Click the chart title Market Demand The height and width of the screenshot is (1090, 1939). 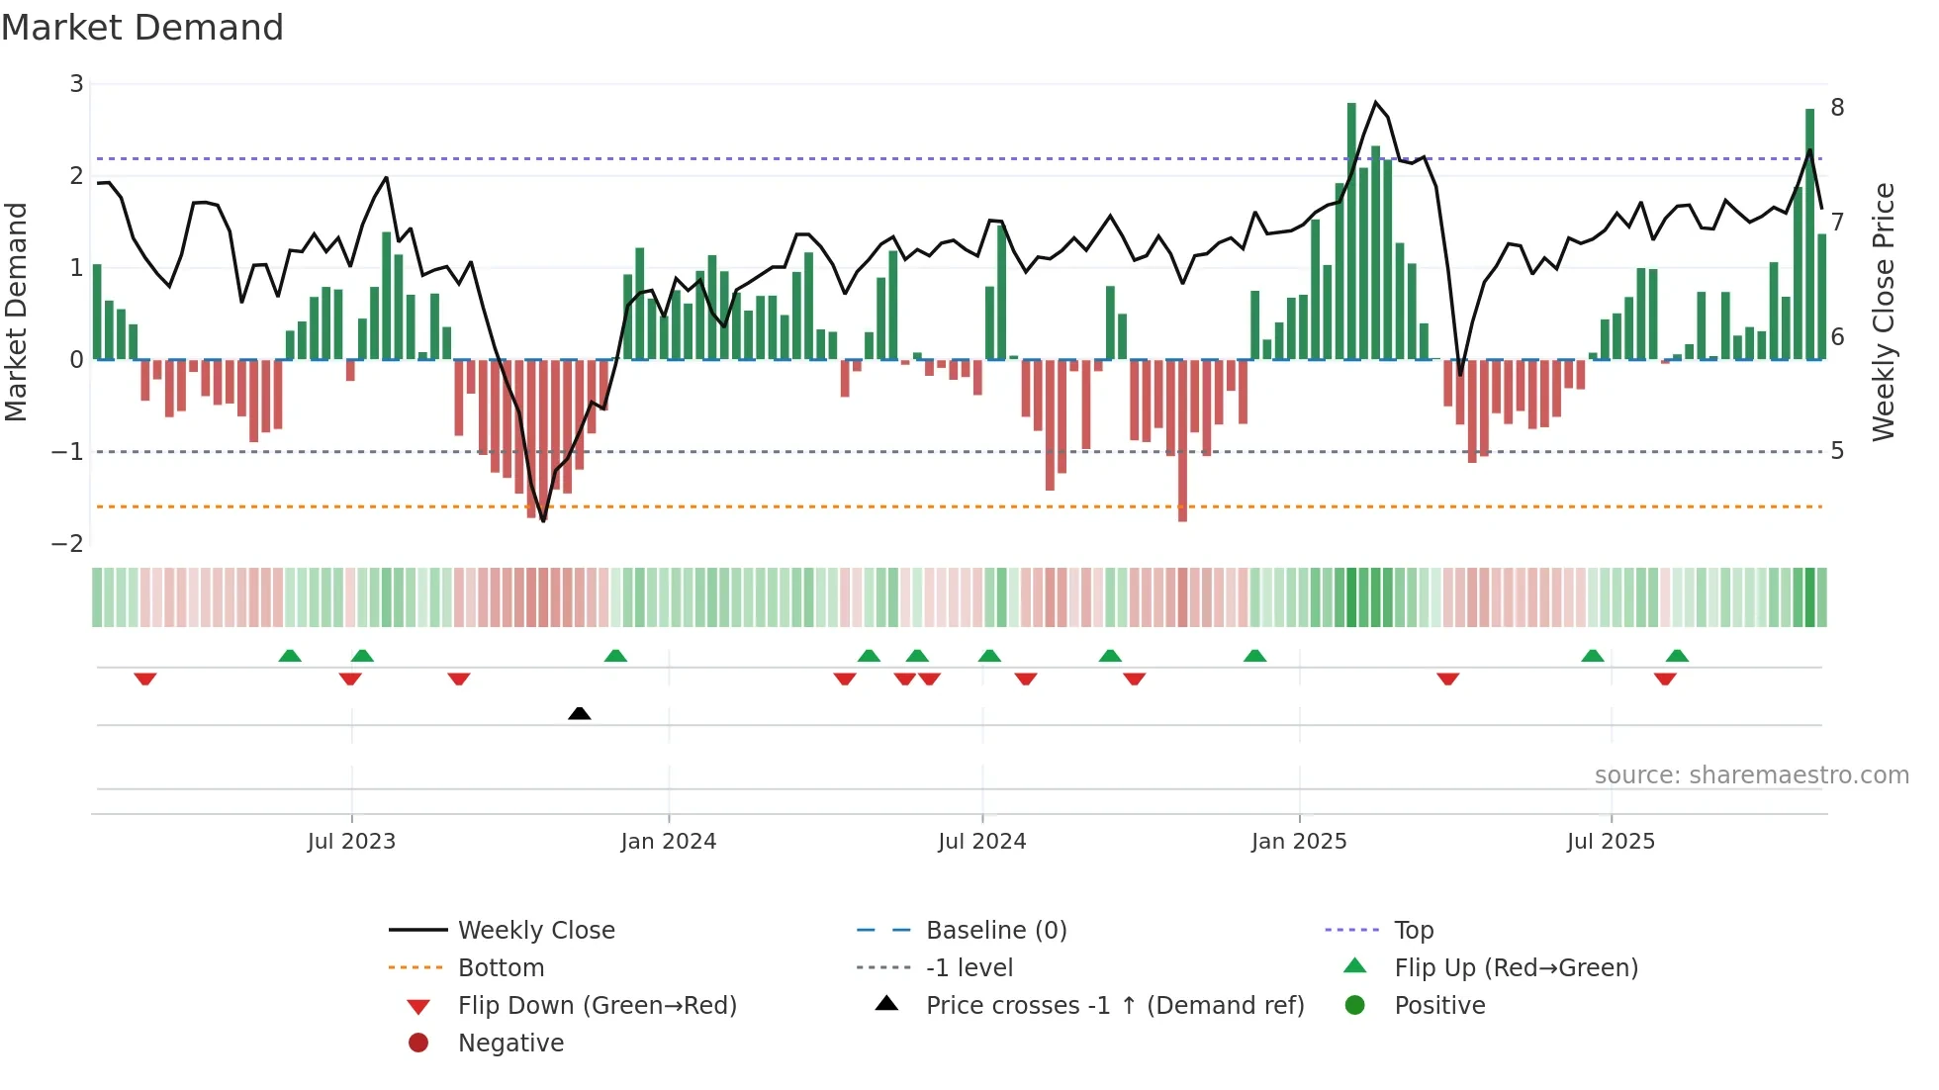(x=142, y=28)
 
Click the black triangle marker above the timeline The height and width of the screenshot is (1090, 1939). (x=580, y=713)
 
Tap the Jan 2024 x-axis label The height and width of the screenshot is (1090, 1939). (x=668, y=842)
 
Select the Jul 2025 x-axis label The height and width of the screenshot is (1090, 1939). (x=1611, y=842)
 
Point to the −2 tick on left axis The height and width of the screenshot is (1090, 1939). (x=67, y=544)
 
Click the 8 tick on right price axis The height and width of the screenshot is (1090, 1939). (x=1837, y=108)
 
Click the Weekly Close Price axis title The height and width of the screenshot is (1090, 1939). (x=1884, y=312)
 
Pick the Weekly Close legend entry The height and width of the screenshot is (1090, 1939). (x=535, y=931)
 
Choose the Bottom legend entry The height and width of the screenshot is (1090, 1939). (x=501, y=968)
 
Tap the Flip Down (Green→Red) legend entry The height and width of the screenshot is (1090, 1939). (x=597, y=1006)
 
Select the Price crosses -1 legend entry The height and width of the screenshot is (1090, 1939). (x=1114, y=1006)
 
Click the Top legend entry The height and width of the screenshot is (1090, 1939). (x=1414, y=931)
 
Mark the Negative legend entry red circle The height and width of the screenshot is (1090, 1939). (x=418, y=1044)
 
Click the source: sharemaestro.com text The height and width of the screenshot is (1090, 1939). (x=1751, y=775)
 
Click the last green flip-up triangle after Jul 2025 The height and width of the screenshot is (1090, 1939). (x=1677, y=656)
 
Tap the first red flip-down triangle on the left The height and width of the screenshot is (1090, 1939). (x=145, y=679)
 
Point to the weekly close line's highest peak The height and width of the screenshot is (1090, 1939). (x=1375, y=102)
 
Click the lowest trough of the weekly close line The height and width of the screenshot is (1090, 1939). (x=543, y=520)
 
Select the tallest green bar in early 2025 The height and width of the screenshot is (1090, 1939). (x=1351, y=227)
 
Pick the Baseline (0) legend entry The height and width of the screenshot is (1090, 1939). (x=995, y=931)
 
